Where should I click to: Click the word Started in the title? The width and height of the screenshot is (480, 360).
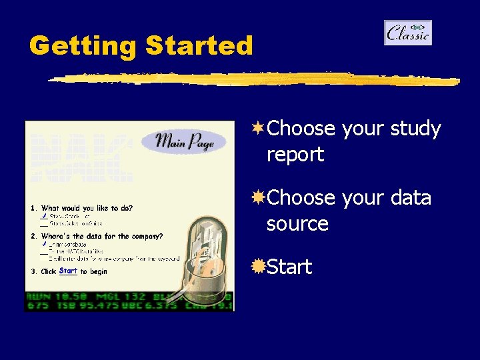coord(199,46)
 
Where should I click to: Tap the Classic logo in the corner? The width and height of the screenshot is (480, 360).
coord(408,33)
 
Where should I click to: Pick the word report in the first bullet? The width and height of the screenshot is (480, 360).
coord(295,155)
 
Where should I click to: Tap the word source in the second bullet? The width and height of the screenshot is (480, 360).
coord(297,224)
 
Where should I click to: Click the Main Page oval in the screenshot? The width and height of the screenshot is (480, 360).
coord(184,142)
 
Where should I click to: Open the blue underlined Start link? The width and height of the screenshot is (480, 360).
coord(68,271)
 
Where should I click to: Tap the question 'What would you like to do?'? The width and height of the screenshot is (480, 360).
coord(87,208)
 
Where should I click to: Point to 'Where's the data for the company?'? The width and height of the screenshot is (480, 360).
coord(101,236)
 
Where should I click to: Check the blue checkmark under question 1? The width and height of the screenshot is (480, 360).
coord(43,216)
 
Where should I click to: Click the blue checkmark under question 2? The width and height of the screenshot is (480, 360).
coord(43,244)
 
